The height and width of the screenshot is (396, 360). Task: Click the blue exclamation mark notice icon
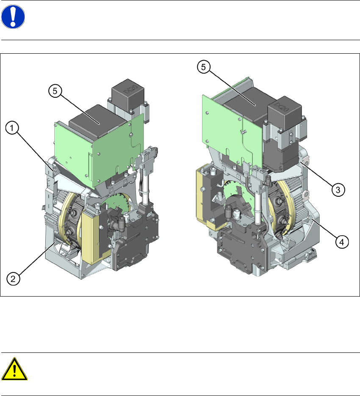tap(13, 16)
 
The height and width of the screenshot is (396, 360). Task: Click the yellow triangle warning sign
tap(14, 369)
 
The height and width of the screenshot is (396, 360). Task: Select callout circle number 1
tap(12, 128)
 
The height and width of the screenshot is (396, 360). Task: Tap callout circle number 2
tap(13, 278)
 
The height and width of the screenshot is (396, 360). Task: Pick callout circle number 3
tap(338, 190)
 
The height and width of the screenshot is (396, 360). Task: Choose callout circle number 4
tap(342, 242)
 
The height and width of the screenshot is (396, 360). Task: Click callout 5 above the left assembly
tap(55, 91)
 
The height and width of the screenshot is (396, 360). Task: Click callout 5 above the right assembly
tap(204, 67)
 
